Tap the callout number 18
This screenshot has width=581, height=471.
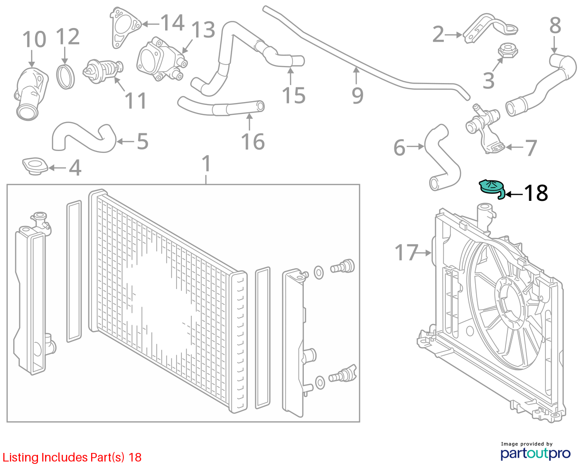(x=536, y=193)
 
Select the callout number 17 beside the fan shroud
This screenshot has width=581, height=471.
(x=406, y=253)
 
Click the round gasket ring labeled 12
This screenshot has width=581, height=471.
(x=66, y=77)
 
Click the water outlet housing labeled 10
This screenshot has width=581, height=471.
(x=31, y=94)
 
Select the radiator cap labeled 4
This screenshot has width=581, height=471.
(x=35, y=166)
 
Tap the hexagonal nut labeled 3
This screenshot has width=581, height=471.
(x=508, y=51)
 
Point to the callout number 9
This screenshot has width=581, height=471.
(x=357, y=96)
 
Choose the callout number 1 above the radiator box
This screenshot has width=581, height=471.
(x=206, y=163)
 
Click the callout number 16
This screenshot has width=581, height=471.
(x=253, y=141)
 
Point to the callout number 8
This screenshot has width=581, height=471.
(x=555, y=25)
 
